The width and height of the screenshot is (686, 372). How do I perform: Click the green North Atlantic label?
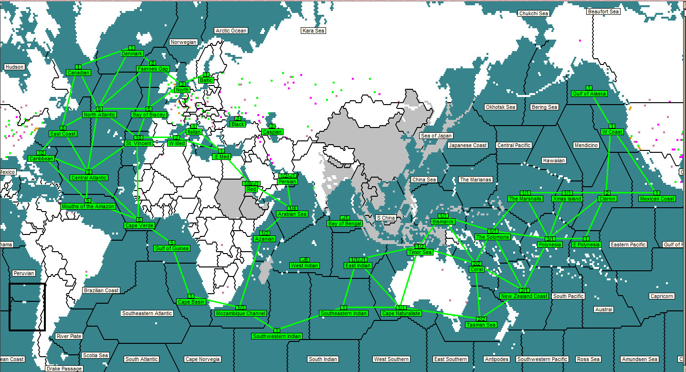click(x=99, y=115)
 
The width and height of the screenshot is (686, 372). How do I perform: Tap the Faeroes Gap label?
click(x=153, y=69)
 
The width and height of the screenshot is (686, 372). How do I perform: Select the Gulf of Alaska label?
click(x=589, y=94)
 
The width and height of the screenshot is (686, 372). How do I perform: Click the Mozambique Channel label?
click(x=240, y=313)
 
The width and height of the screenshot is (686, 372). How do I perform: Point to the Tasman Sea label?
click(x=481, y=325)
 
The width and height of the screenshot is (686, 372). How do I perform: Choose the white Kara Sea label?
click(x=313, y=31)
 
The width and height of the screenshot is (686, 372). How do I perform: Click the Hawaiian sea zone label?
click(x=554, y=160)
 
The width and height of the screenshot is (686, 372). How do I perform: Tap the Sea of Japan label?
click(x=436, y=136)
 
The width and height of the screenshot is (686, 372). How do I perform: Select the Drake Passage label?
click(x=64, y=369)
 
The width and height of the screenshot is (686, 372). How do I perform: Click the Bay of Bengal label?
click(x=345, y=223)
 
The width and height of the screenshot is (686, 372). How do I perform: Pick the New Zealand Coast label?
click(x=524, y=296)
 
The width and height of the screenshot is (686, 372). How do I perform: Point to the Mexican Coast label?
click(x=657, y=199)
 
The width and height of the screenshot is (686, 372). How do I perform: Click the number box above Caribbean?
click(x=41, y=153)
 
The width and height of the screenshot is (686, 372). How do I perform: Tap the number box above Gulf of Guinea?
click(x=172, y=243)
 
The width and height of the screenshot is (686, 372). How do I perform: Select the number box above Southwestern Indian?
click(x=277, y=330)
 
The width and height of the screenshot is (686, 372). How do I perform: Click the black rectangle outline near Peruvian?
click(x=27, y=307)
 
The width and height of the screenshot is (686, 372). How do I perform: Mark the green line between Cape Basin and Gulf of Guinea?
click(x=182, y=273)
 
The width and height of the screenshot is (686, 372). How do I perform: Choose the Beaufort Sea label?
click(x=603, y=11)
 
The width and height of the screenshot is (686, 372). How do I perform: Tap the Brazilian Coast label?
click(x=101, y=290)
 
